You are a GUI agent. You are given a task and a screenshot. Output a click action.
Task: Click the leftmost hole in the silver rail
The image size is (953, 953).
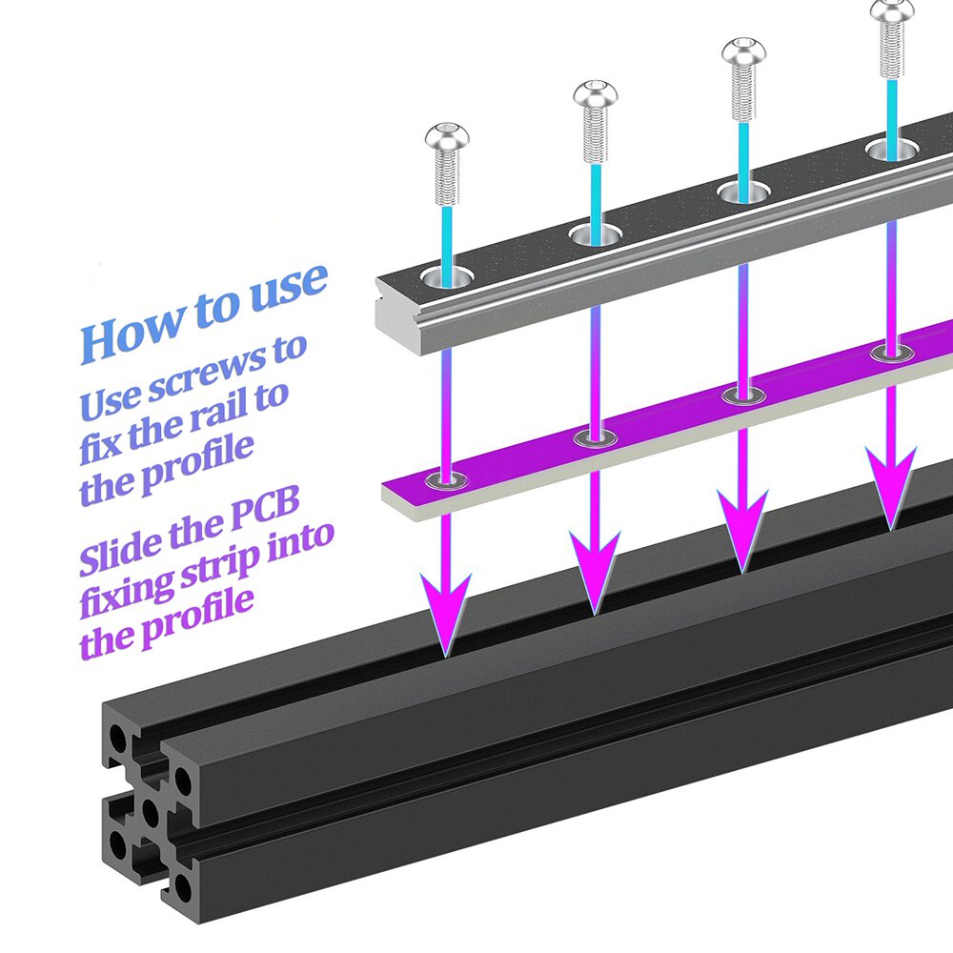coord(447,277)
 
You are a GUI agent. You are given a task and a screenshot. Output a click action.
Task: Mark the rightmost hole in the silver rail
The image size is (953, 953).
coord(891,148)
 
